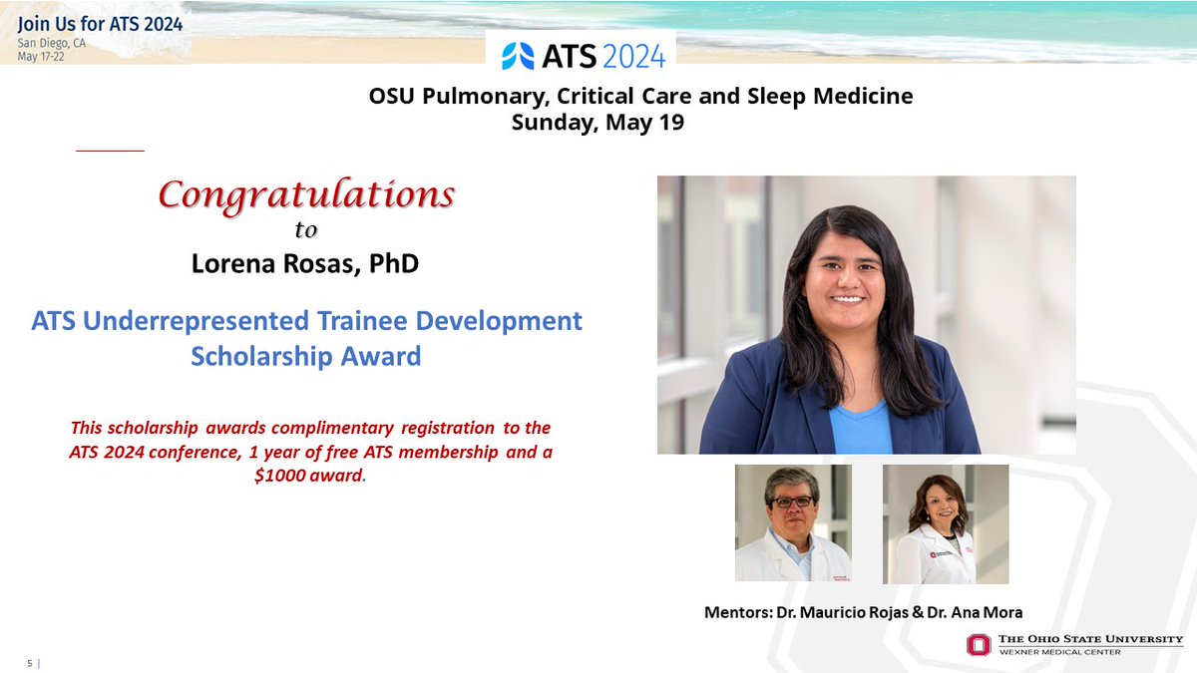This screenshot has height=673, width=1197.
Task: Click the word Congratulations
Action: (306, 194)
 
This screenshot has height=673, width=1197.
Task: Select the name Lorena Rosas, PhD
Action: (305, 265)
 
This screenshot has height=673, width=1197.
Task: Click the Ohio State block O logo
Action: (979, 645)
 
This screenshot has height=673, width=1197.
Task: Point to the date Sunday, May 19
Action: (598, 123)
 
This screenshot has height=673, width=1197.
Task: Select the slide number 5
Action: (30, 663)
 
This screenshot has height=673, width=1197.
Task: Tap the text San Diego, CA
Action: (50, 43)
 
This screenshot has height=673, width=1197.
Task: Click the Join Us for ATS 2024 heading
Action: (100, 25)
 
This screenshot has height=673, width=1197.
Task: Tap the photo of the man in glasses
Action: (793, 523)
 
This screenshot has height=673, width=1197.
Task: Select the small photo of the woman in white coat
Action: (945, 523)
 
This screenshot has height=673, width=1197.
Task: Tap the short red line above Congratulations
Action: (110, 151)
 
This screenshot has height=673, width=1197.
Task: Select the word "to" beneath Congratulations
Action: (305, 230)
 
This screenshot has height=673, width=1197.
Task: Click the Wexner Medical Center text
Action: (1062, 652)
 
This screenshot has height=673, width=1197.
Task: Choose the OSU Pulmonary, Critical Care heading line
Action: (640, 97)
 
